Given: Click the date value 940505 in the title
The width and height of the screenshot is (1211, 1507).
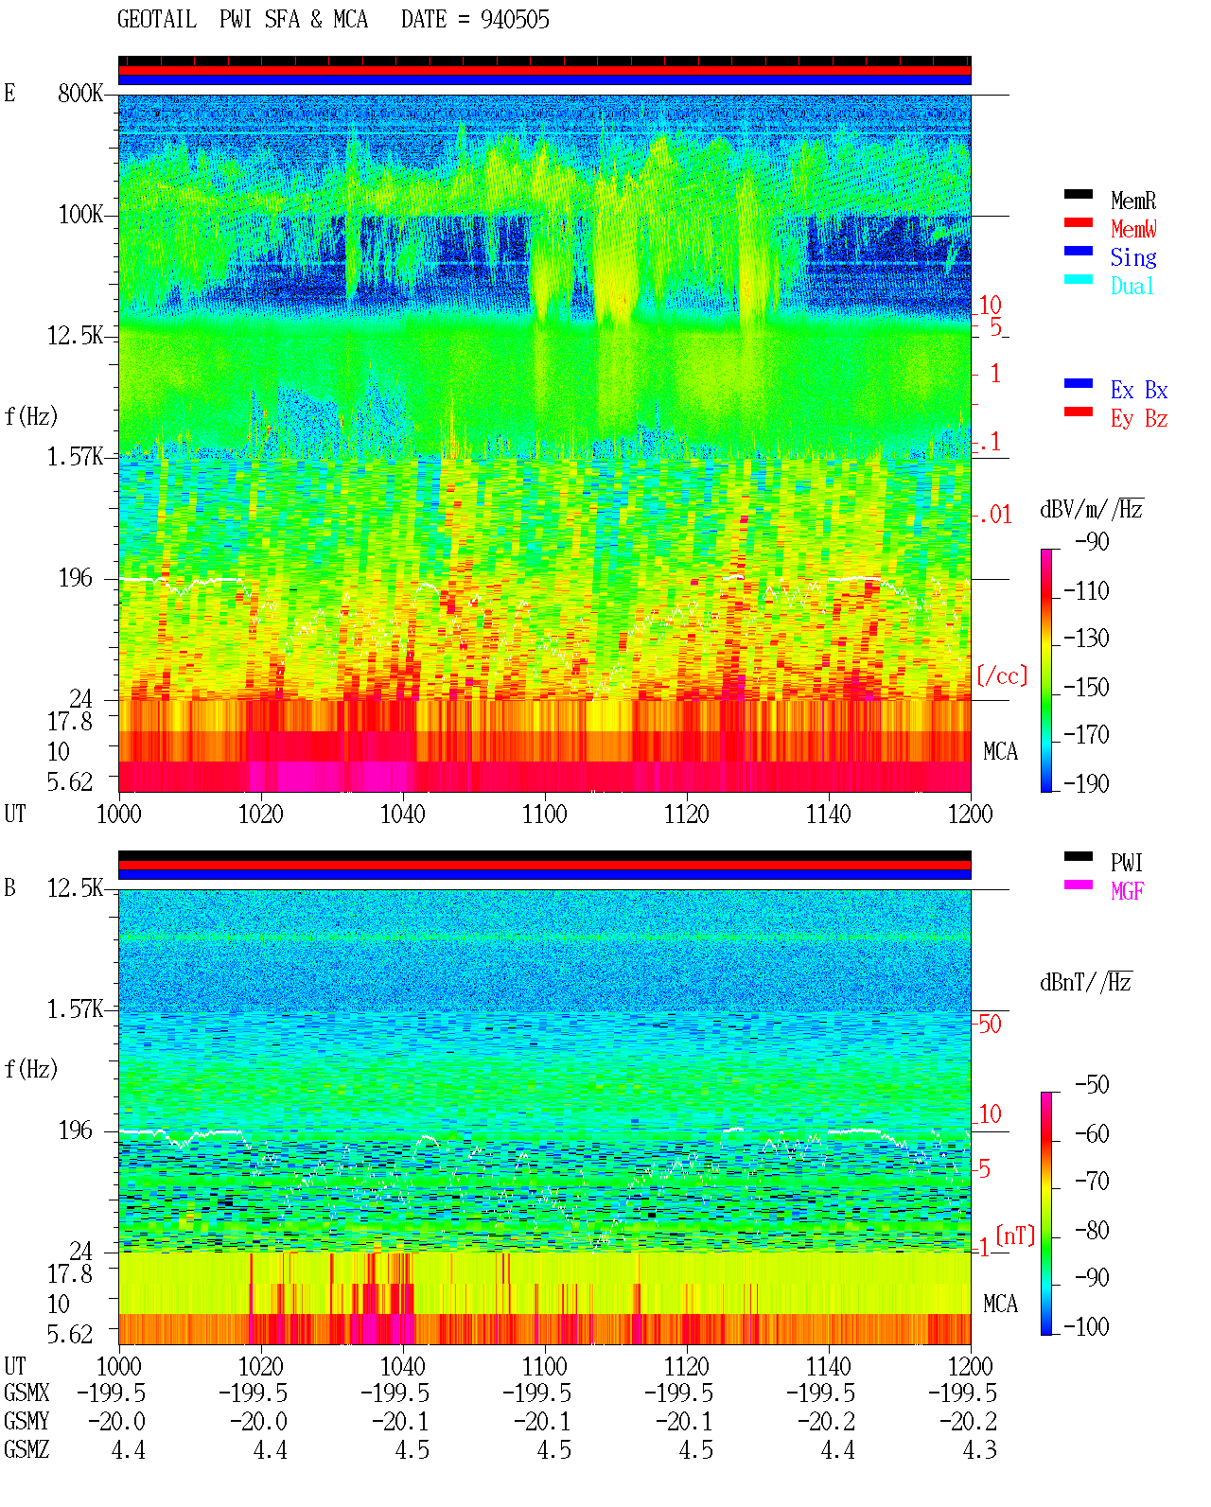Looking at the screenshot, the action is (x=514, y=20).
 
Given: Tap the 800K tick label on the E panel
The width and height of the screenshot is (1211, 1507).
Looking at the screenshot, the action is (x=79, y=93).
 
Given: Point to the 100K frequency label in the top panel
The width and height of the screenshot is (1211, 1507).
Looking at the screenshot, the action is (x=80, y=215).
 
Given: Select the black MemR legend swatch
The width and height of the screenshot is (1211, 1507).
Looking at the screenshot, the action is (x=1078, y=194).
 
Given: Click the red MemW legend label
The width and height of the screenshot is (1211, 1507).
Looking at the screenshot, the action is (x=1133, y=229).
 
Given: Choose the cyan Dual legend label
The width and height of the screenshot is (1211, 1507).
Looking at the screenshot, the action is (x=1132, y=286).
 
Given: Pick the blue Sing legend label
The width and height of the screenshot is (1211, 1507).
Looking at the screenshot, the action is (x=1133, y=257).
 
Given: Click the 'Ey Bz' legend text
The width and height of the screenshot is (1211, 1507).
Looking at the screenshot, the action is (x=1139, y=418).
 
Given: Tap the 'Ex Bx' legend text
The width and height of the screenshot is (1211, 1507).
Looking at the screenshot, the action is (x=1139, y=390).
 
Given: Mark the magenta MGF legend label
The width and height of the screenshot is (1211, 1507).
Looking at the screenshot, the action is (x=1128, y=891).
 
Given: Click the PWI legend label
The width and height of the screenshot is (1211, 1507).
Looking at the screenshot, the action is (x=1127, y=862).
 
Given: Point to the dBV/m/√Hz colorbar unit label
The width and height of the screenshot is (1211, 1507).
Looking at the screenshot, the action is (x=1092, y=509).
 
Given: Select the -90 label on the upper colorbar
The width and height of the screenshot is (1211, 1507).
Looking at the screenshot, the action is (x=1092, y=541).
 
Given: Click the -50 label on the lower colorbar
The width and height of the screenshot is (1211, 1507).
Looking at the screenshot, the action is (x=1092, y=1085).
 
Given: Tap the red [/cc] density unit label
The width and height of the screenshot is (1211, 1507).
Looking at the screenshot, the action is (x=1002, y=675).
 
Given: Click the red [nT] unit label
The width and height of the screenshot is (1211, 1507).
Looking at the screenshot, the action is (x=1015, y=1235).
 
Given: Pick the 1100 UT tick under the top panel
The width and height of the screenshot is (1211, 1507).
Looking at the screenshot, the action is (x=544, y=815).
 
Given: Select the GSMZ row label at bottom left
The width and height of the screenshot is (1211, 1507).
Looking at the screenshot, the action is (x=26, y=1449).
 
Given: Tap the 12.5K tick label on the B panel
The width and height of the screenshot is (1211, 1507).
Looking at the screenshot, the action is (x=75, y=888).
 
